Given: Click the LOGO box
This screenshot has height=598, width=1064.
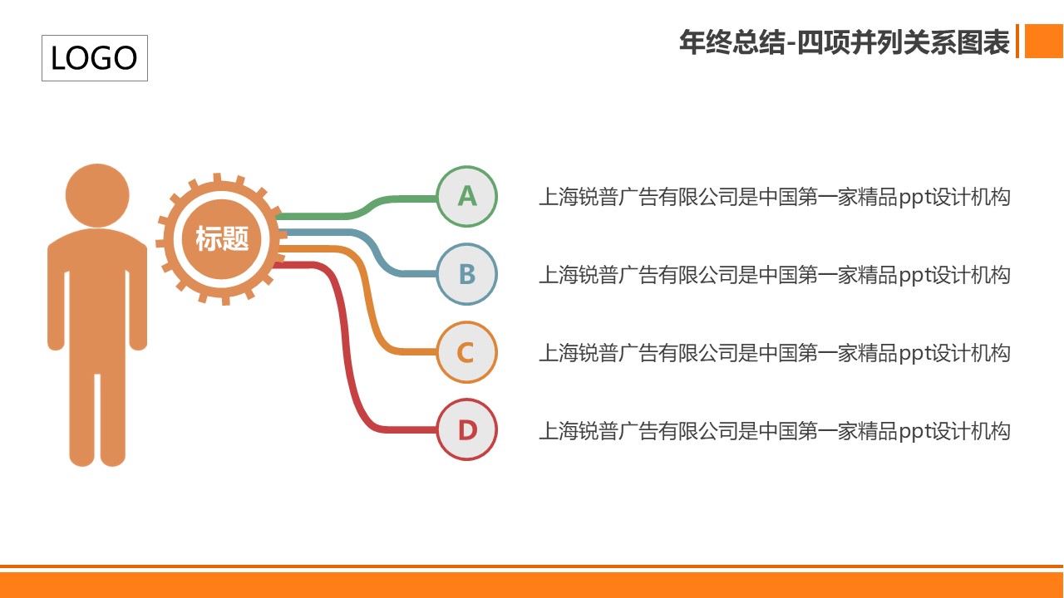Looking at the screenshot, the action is [x=95, y=58].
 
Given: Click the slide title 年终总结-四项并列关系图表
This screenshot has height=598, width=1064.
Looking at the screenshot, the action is [x=844, y=42].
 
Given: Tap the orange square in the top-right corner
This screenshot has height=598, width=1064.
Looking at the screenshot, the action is [x=1044, y=41].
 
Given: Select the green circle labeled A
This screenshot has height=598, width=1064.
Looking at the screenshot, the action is [x=467, y=196].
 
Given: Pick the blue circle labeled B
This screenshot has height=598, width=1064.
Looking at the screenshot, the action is [x=467, y=274].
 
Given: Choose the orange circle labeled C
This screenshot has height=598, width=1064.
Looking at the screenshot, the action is [x=467, y=352].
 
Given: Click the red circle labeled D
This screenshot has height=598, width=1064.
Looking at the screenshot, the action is [x=467, y=429].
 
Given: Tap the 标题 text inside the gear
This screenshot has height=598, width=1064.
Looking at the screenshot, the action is [x=222, y=238].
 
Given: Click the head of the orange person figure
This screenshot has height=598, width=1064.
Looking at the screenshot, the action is [x=97, y=195].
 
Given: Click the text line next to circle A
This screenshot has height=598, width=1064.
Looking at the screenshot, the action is [x=774, y=197].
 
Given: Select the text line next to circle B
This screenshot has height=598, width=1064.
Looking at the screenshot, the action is [x=774, y=275].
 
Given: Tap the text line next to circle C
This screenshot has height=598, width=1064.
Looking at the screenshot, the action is [x=774, y=353].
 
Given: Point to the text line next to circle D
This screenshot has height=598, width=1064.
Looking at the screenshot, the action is [x=774, y=431].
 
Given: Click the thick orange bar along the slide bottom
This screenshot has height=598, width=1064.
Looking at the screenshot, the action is [x=532, y=585].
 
